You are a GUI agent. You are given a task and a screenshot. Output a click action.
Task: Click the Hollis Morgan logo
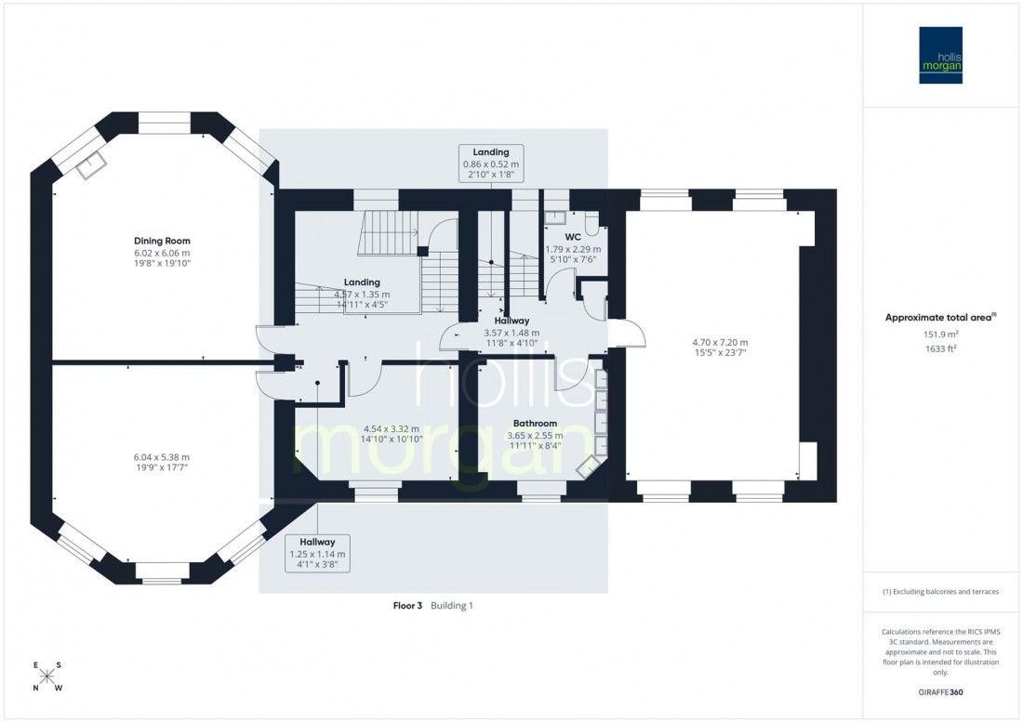point(940,55)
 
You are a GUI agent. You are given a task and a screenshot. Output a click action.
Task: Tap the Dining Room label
point(162,241)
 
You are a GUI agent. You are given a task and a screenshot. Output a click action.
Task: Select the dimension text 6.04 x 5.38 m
point(163,456)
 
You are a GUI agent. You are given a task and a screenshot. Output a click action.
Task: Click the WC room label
point(573,237)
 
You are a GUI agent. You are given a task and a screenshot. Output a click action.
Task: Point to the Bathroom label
point(535,423)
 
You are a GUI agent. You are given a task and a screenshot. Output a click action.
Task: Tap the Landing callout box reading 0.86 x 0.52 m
point(490,163)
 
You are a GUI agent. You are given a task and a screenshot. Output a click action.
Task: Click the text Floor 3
point(407,606)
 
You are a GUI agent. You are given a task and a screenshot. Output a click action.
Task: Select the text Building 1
point(452,606)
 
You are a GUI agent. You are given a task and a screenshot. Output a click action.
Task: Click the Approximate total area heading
point(940,317)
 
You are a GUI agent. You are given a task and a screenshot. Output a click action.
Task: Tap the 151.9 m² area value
point(940,335)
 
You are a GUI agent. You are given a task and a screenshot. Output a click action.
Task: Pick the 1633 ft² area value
point(940,349)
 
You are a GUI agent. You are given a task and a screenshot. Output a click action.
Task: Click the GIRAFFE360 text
point(940,692)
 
